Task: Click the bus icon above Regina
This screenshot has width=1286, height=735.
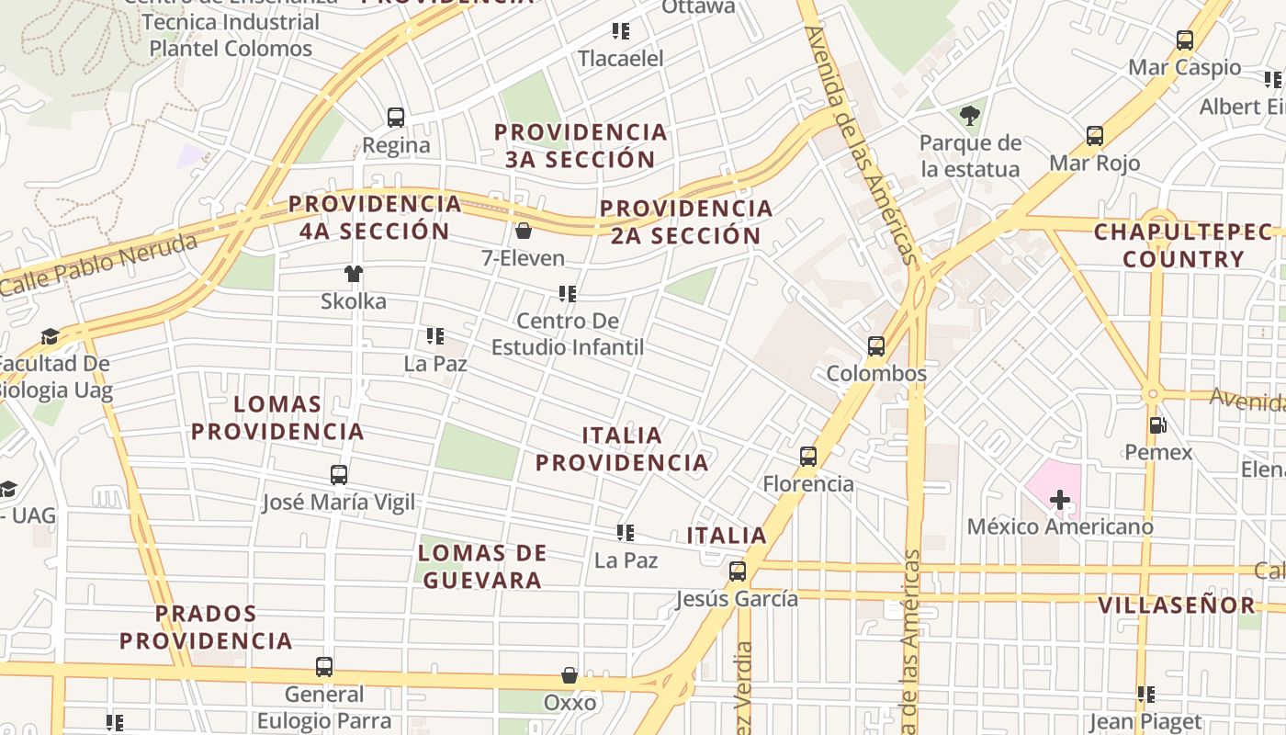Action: (x=396, y=118)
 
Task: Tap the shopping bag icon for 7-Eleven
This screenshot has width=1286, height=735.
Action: (x=524, y=230)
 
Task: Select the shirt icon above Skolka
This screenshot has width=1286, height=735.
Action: (x=354, y=273)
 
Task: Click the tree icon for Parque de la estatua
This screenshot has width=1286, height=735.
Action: (x=969, y=115)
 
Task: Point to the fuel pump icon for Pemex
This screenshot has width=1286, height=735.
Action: (x=1158, y=424)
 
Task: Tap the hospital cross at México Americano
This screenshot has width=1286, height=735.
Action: (x=1060, y=500)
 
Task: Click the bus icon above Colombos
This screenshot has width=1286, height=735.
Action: (x=876, y=346)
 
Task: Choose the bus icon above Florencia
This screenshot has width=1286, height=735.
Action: (x=808, y=456)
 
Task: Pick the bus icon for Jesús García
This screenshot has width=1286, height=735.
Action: (x=738, y=571)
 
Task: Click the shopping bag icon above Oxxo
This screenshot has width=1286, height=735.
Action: (x=570, y=675)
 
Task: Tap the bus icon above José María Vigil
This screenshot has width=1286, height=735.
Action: (x=339, y=475)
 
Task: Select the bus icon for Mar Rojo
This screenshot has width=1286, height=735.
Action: (x=1095, y=136)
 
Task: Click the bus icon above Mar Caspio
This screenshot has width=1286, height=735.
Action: (x=1185, y=40)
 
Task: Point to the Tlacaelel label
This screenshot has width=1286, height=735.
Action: (x=621, y=58)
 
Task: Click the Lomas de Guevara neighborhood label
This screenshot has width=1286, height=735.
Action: (x=482, y=566)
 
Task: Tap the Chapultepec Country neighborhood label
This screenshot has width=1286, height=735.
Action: (x=1183, y=245)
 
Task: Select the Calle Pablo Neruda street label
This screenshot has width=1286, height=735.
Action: (x=99, y=265)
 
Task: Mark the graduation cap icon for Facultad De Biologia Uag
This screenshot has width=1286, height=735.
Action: (x=50, y=337)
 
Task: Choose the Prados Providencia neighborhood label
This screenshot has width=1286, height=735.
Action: (x=206, y=627)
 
